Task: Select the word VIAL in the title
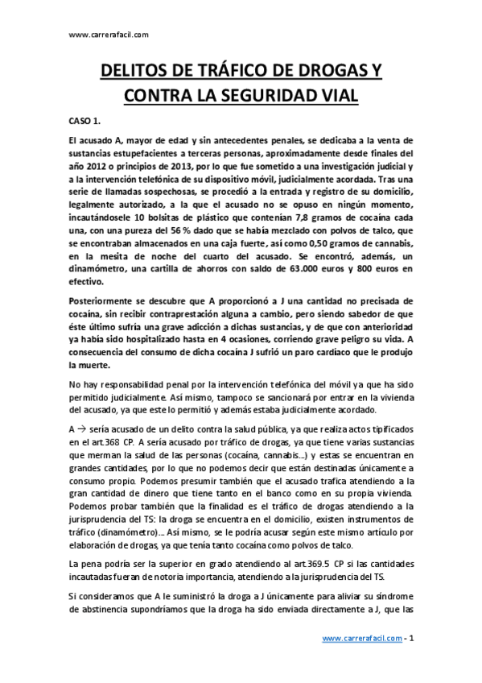(x=336, y=96)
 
